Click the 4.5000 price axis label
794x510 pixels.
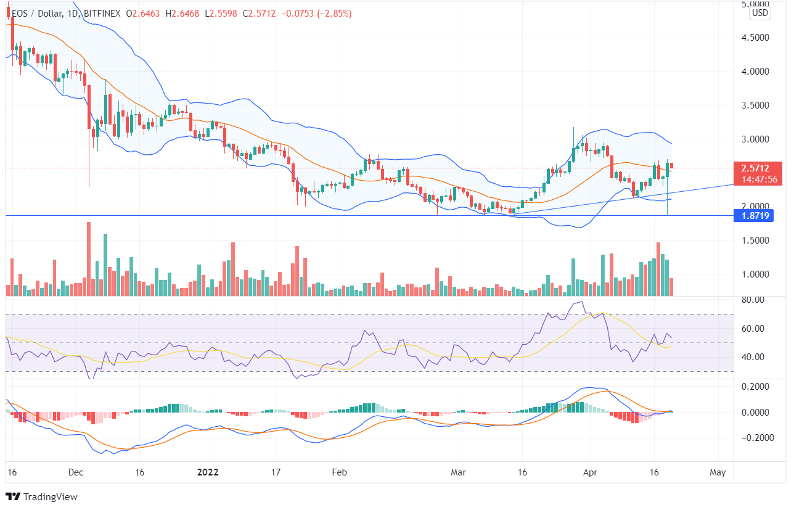tap(755, 38)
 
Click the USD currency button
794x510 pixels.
tap(760, 13)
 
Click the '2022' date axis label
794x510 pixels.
tap(208, 472)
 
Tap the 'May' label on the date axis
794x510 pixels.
tap(718, 472)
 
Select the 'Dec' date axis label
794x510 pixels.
tap(76, 472)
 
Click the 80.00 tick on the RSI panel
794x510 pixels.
tap(754, 300)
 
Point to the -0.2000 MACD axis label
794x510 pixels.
tap(752, 438)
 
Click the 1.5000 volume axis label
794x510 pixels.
tap(755, 241)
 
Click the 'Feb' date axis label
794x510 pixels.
tap(340, 472)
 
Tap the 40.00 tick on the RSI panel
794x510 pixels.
tap(754, 356)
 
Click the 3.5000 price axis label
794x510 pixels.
tap(755, 105)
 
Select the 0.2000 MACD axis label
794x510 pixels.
tap(754, 387)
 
